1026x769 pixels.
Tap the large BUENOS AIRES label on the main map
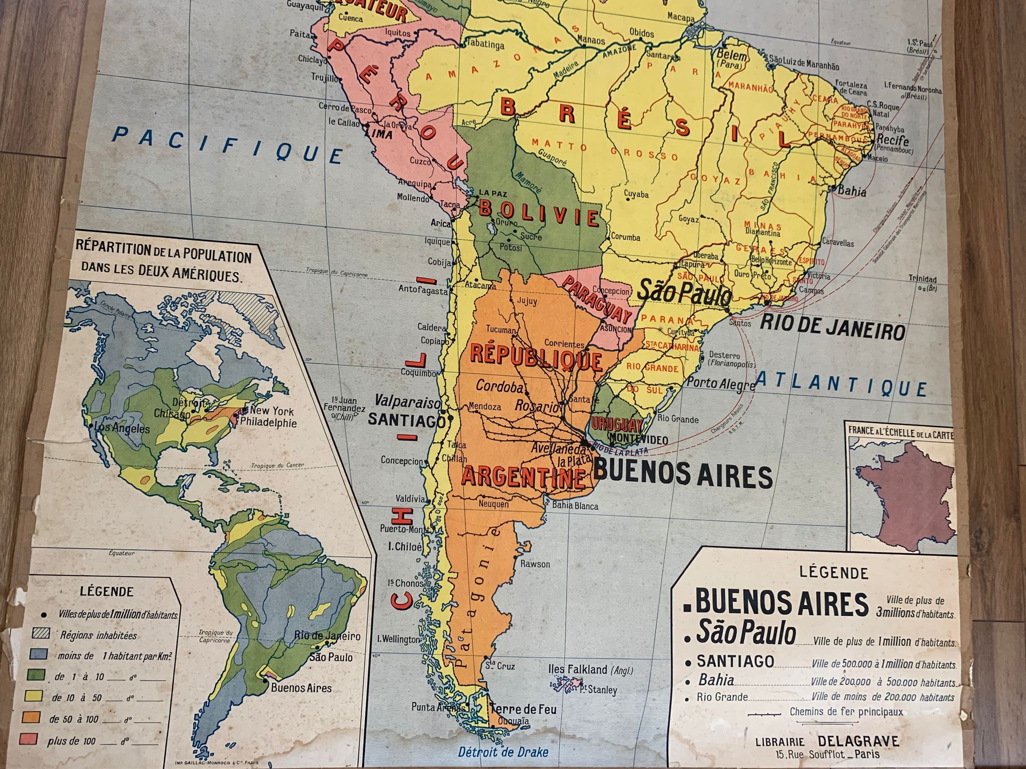click(x=683, y=476)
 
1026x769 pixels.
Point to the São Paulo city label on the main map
click(x=683, y=294)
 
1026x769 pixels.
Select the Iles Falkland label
click(x=585, y=670)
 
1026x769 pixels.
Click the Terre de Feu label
click(x=523, y=709)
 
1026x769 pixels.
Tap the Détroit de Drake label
click(x=503, y=751)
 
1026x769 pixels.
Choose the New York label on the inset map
click(x=272, y=411)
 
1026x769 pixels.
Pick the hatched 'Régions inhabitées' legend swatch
click(x=41, y=634)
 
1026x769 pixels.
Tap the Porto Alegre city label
click(x=720, y=384)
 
